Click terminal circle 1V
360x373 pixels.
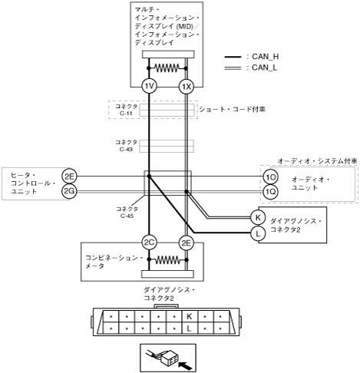(149, 86)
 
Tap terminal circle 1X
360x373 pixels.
(187, 87)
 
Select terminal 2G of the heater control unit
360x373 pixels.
(69, 191)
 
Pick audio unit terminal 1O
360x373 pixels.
(270, 177)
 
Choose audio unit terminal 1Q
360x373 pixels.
(270, 192)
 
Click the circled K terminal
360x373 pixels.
(258, 217)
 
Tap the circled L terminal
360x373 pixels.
(258, 233)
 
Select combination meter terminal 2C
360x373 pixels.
(149, 243)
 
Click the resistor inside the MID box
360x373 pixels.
(167, 68)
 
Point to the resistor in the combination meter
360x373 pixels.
(167, 260)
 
